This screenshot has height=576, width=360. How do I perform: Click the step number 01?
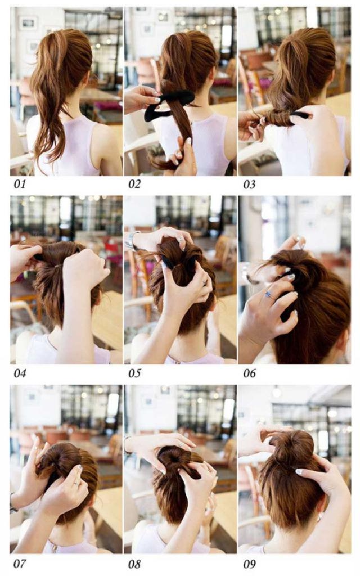click(x=20, y=184)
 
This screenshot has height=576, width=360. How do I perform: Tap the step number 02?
click(x=134, y=184)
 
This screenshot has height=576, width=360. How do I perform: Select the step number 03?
click(x=249, y=184)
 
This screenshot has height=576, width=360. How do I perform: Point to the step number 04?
click(x=20, y=373)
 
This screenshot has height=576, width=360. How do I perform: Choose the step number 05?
click(x=134, y=373)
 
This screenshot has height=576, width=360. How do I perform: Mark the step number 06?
click(x=249, y=373)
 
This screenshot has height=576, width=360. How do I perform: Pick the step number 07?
click(x=20, y=563)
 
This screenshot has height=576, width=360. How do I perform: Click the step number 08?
click(x=134, y=564)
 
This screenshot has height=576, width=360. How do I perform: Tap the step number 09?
click(x=249, y=564)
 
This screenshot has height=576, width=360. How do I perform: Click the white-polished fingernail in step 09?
click(x=299, y=472)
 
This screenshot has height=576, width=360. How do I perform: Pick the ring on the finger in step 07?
click(x=76, y=483)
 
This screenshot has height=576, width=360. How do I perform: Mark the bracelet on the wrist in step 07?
click(x=13, y=503)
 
